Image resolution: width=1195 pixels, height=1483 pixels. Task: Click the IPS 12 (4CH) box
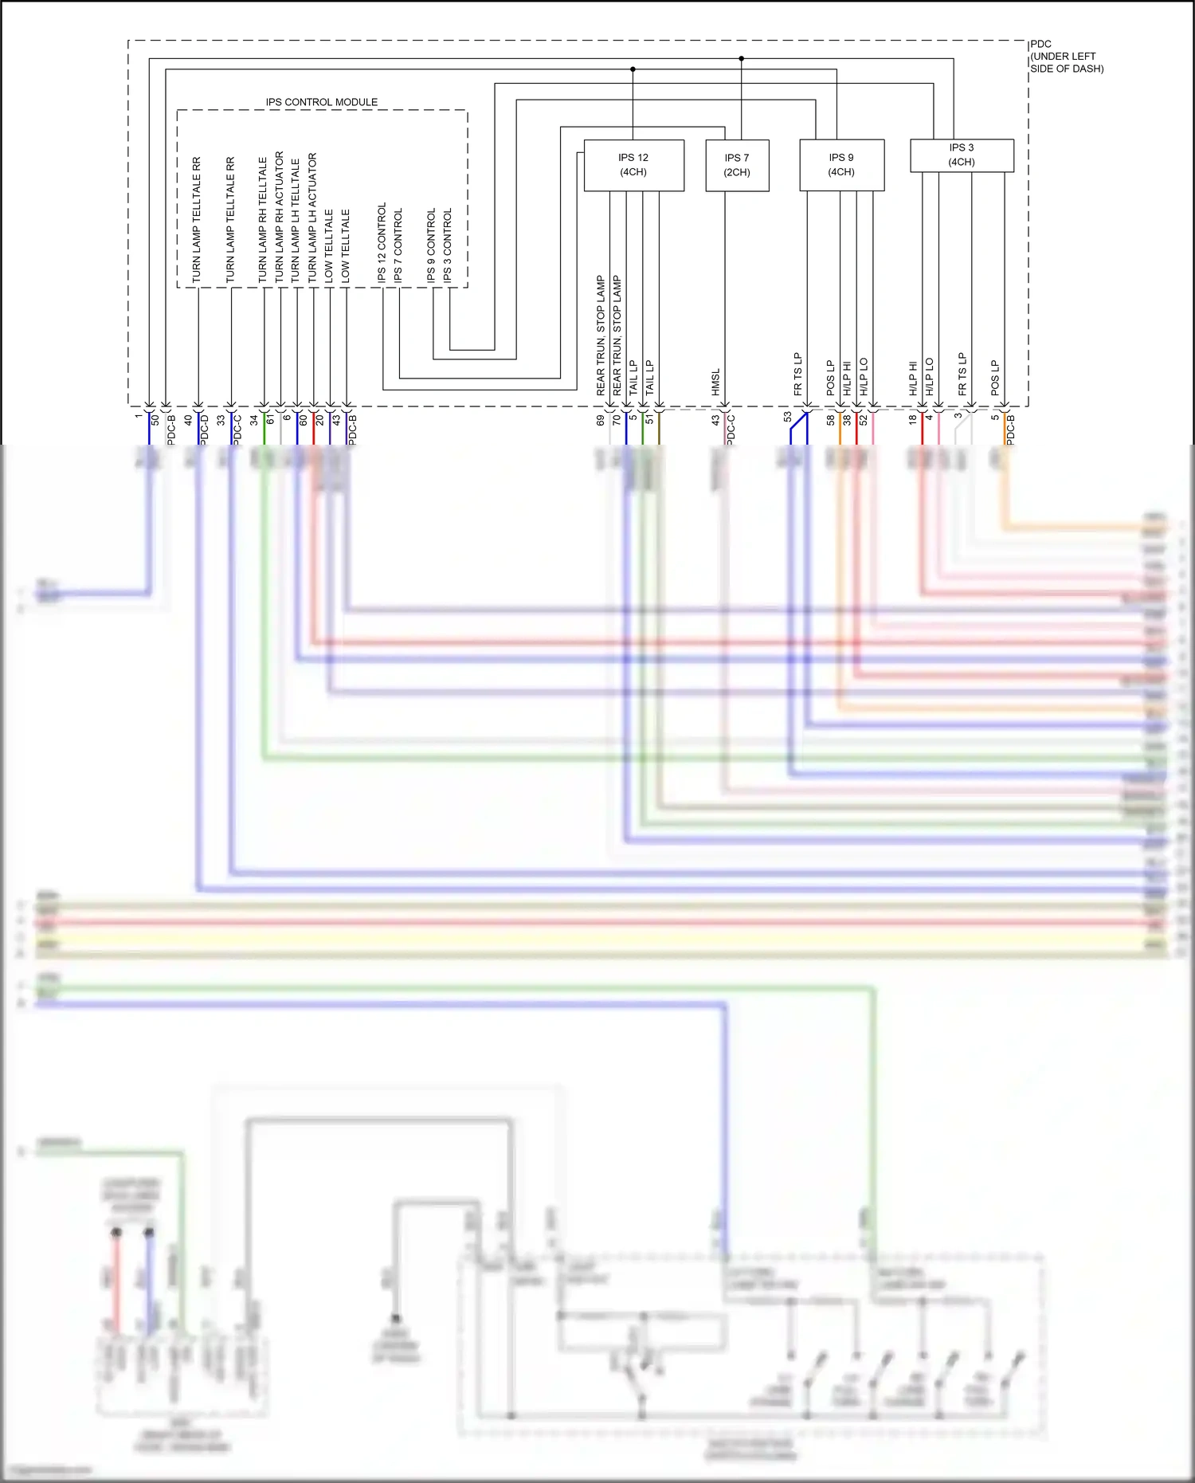tap(633, 165)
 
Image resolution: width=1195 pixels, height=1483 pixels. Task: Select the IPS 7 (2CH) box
tap(737, 165)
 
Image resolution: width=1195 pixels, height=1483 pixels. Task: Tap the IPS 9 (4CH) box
tap(841, 165)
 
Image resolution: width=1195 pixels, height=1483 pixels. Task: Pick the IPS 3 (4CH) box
tap(962, 155)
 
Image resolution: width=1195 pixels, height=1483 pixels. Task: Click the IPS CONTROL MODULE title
tap(322, 102)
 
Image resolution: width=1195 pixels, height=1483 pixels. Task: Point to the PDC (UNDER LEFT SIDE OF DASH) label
tap(1066, 57)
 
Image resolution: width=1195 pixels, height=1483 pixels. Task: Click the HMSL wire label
tap(715, 382)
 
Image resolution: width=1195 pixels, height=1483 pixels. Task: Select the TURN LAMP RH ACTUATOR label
tap(279, 217)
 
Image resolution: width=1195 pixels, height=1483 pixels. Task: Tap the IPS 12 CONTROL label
tap(382, 242)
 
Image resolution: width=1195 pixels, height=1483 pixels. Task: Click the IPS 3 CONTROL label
tap(448, 245)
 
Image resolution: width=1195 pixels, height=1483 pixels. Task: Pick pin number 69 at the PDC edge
tap(600, 420)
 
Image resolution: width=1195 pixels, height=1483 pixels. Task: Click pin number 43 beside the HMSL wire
tap(715, 419)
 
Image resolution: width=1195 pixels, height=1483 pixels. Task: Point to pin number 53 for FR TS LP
tap(788, 417)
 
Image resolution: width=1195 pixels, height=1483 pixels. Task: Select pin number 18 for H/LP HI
tap(913, 419)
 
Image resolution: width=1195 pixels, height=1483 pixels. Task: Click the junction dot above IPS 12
tap(633, 69)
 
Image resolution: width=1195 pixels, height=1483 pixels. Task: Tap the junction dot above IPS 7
tap(741, 58)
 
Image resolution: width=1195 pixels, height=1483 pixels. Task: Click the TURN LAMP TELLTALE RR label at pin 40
tap(197, 219)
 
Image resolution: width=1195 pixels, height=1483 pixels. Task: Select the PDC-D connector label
tap(204, 430)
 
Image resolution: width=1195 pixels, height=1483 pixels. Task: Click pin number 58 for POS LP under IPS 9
tap(830, 419)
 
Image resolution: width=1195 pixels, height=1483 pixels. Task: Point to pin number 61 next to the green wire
tap(270, 419)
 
